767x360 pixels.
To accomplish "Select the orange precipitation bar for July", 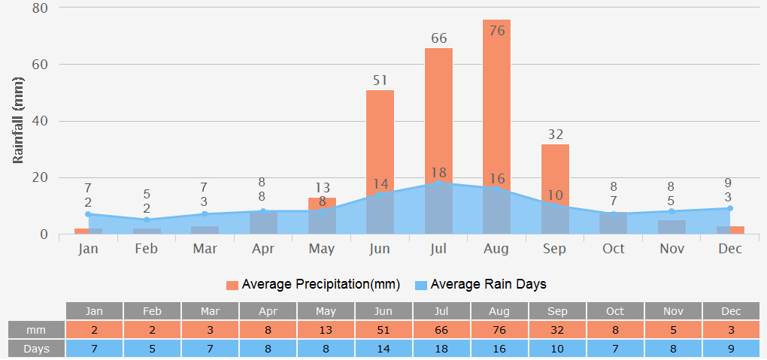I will pyautogui.click(x=438, y=113).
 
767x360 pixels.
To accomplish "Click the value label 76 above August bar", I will pyautogui.click(x=496, y=31).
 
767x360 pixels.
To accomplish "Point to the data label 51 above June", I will pyautogui.click(x=380, y=80).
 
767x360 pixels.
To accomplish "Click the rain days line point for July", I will pyautogui.click(x=438, y=183).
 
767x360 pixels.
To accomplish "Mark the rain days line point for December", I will pyautogui.click(x=729, y=208).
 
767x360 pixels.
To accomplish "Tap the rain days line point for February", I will pyautogui.click(x=147, y=219).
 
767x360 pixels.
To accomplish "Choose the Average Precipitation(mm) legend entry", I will pyautogui.click(x=313, y=285).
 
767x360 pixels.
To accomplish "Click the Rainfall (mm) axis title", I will pyautogui.click(x=20, y=120).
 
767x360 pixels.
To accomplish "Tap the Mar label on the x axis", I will pyautogui.click(x=205, y=249).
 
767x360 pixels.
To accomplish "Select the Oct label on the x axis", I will pyautogui.click(x=613, y=249).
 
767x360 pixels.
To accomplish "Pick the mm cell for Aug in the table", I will pyautogui.click(x=499, y=330).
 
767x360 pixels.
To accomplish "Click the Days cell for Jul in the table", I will pyautogui.click(x=441, y=349).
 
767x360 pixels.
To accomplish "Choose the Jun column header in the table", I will pyautogui.click(x=383, y=311).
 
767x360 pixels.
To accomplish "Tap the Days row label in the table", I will pyautogui.click(x=36, y=349).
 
